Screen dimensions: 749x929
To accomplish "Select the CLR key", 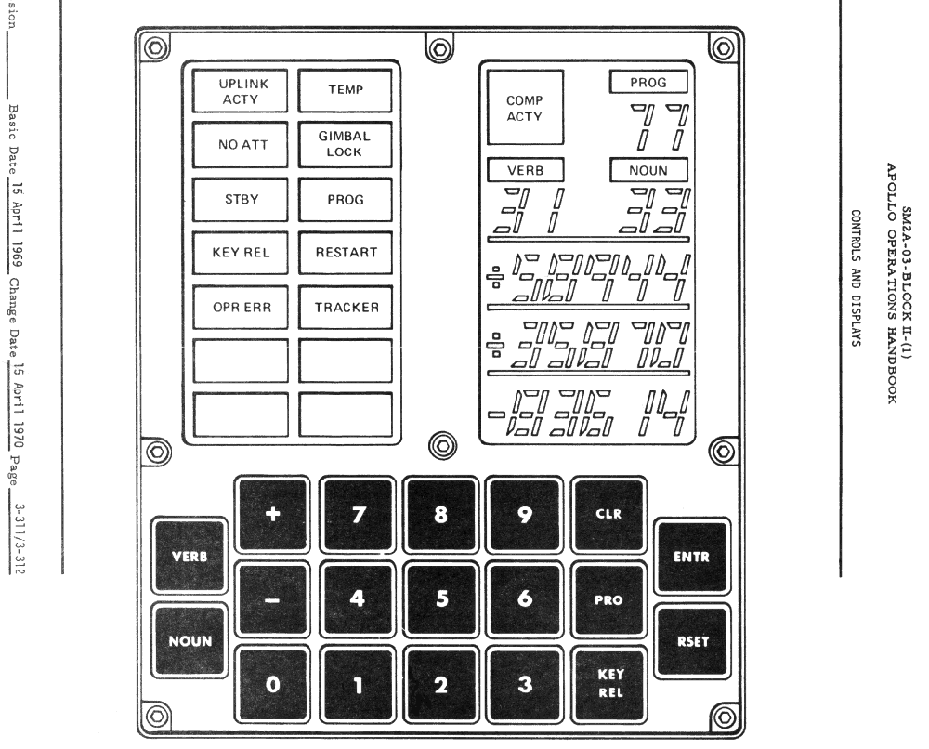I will pyautogui.click(x=608, y=513).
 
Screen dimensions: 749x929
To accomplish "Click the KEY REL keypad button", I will pyautogui.click(x=608, y=685).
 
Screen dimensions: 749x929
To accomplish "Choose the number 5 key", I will pyautogui.click(x=441, y=598).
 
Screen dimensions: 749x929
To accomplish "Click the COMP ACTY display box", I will pyautogui.click(x=525, y=108).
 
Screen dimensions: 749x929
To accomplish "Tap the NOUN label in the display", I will pyautogui.click(x=648, y=171).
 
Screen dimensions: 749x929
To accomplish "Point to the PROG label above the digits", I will pyautogui.click(x=648, y=83).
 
